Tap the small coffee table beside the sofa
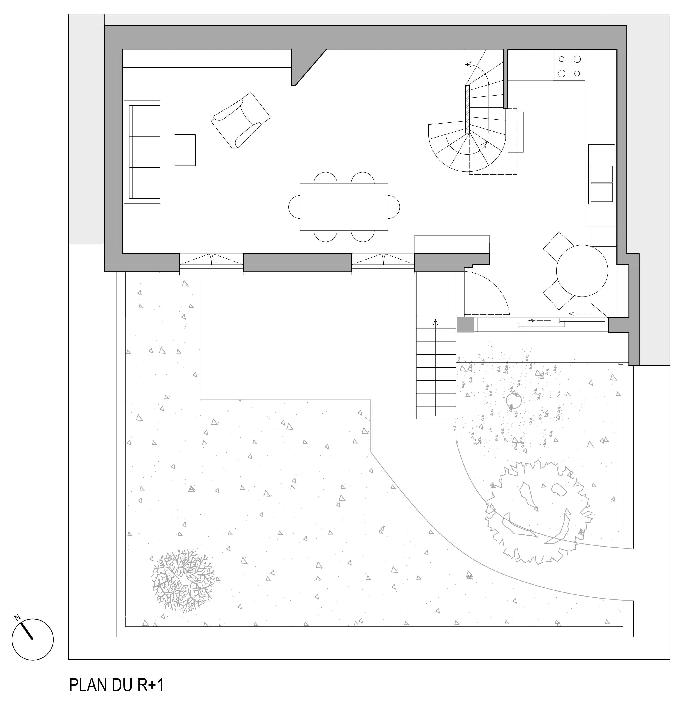[185, 150]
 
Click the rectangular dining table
[344, 207]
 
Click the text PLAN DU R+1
[116, 685]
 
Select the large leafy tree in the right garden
[540, 512]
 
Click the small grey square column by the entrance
[465, 325]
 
